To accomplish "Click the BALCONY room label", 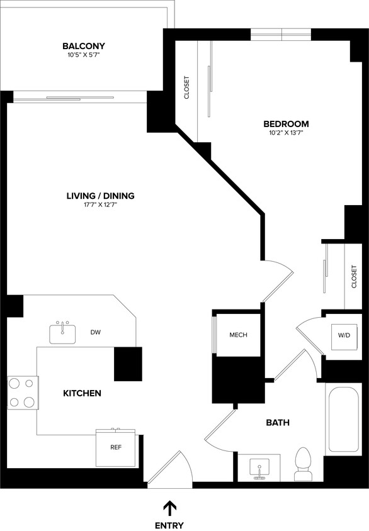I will [83, 46].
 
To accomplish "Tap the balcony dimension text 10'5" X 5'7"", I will [83, 55].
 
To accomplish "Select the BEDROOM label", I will [286, 123].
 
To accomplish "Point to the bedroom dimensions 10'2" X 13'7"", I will [286, 133].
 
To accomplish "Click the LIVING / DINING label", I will [100, 196].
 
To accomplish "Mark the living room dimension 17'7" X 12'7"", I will [100, 205].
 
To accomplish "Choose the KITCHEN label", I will [82, 393].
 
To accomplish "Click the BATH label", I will [277, 423].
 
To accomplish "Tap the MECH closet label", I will [238, 335].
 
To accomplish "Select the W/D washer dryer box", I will [344, 335].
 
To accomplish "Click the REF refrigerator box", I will [115, 449].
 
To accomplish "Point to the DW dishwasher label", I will [96, 332].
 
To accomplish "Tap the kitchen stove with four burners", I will [22, 392].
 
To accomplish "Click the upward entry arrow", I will [169, 507].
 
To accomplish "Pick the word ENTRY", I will [169, 525].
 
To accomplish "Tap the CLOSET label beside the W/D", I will [354, 276].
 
